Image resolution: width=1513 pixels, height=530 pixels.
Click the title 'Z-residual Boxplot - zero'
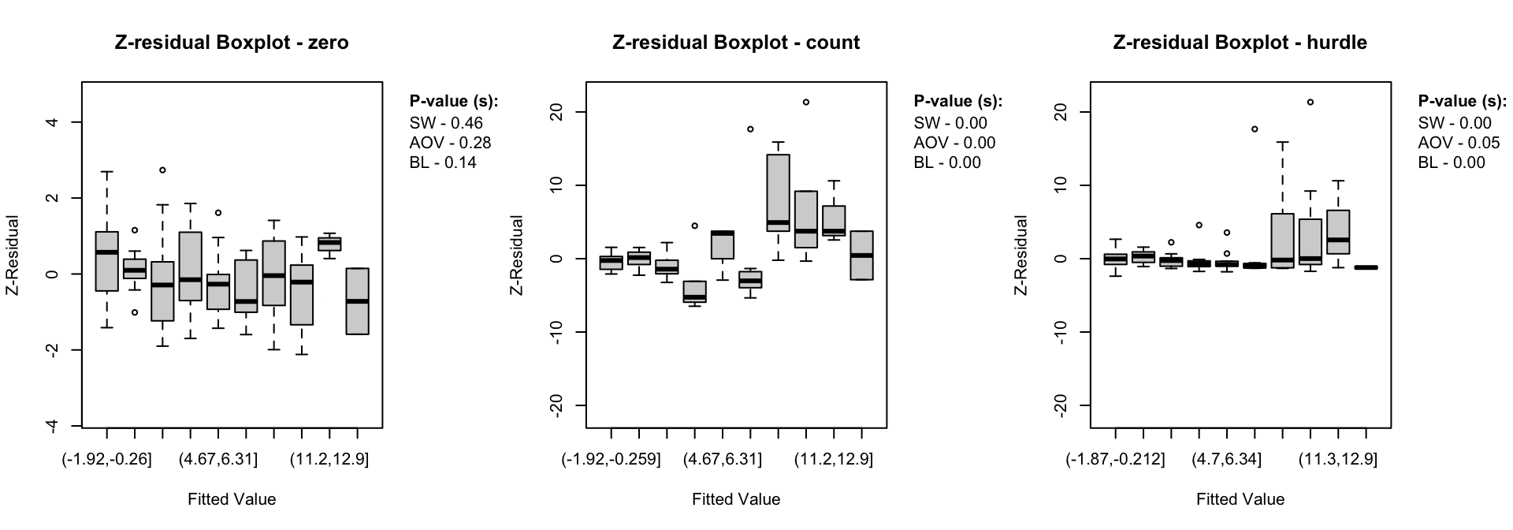point(232,43)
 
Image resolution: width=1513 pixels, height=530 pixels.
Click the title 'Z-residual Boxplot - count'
point(736,43)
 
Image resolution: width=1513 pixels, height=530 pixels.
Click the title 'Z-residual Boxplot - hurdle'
point(1240,43)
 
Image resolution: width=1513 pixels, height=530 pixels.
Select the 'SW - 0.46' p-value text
point(446,123)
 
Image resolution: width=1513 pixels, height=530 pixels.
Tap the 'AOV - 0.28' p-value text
point(450,143)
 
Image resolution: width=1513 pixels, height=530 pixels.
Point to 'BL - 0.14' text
point(443,162)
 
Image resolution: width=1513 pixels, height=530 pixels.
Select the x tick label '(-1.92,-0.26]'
point(106,459)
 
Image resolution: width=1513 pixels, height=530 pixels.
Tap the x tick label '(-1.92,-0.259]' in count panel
point(611,459)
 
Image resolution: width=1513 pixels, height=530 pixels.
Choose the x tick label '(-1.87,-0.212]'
point(1115,459)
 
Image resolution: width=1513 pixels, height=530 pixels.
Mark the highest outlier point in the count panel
point(806,102)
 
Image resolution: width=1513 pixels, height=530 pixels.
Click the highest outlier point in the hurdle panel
point(1310,102)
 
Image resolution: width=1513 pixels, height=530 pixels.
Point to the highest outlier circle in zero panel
point(162,170)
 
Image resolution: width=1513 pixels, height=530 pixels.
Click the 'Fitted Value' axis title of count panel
point(736,499)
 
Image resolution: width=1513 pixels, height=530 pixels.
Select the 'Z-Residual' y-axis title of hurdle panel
point(1022,256)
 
